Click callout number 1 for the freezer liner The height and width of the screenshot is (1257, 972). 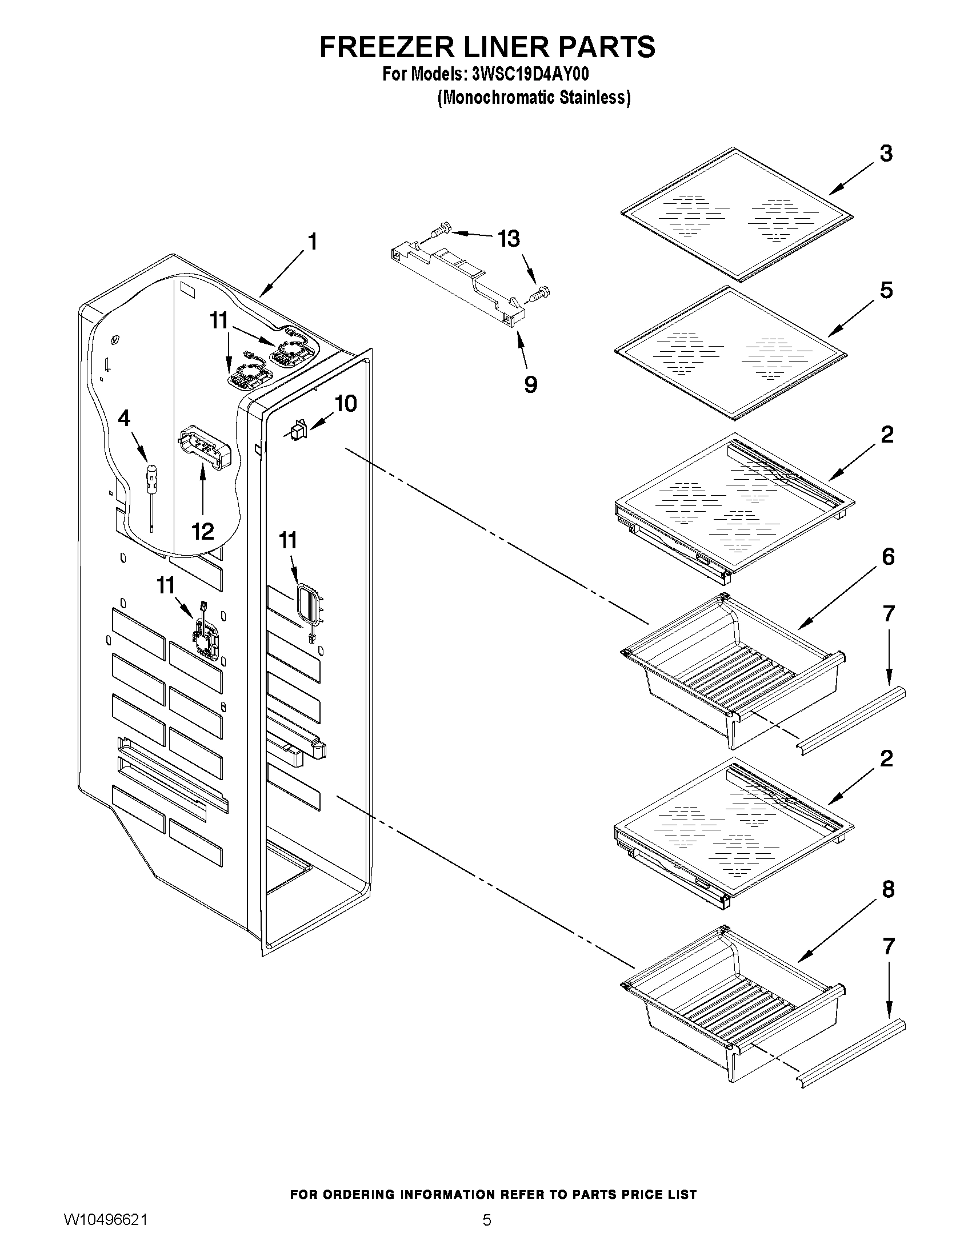click(312, 242)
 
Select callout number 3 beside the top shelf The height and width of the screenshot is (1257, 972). click(886, 154)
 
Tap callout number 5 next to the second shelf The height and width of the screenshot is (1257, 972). click(886, 290)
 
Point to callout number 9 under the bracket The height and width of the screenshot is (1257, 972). click(530, 384)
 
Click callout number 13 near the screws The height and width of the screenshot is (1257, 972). click(509, 238)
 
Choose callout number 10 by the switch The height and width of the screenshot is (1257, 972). click(346, 403)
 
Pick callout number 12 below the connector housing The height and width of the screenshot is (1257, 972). click(203, 531)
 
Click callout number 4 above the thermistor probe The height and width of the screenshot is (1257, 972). click(124, 419)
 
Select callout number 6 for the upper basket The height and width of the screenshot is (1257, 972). click(888, 557)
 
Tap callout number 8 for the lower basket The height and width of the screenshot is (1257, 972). click(888, 889)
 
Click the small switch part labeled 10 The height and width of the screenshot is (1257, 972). click(298, 431)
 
